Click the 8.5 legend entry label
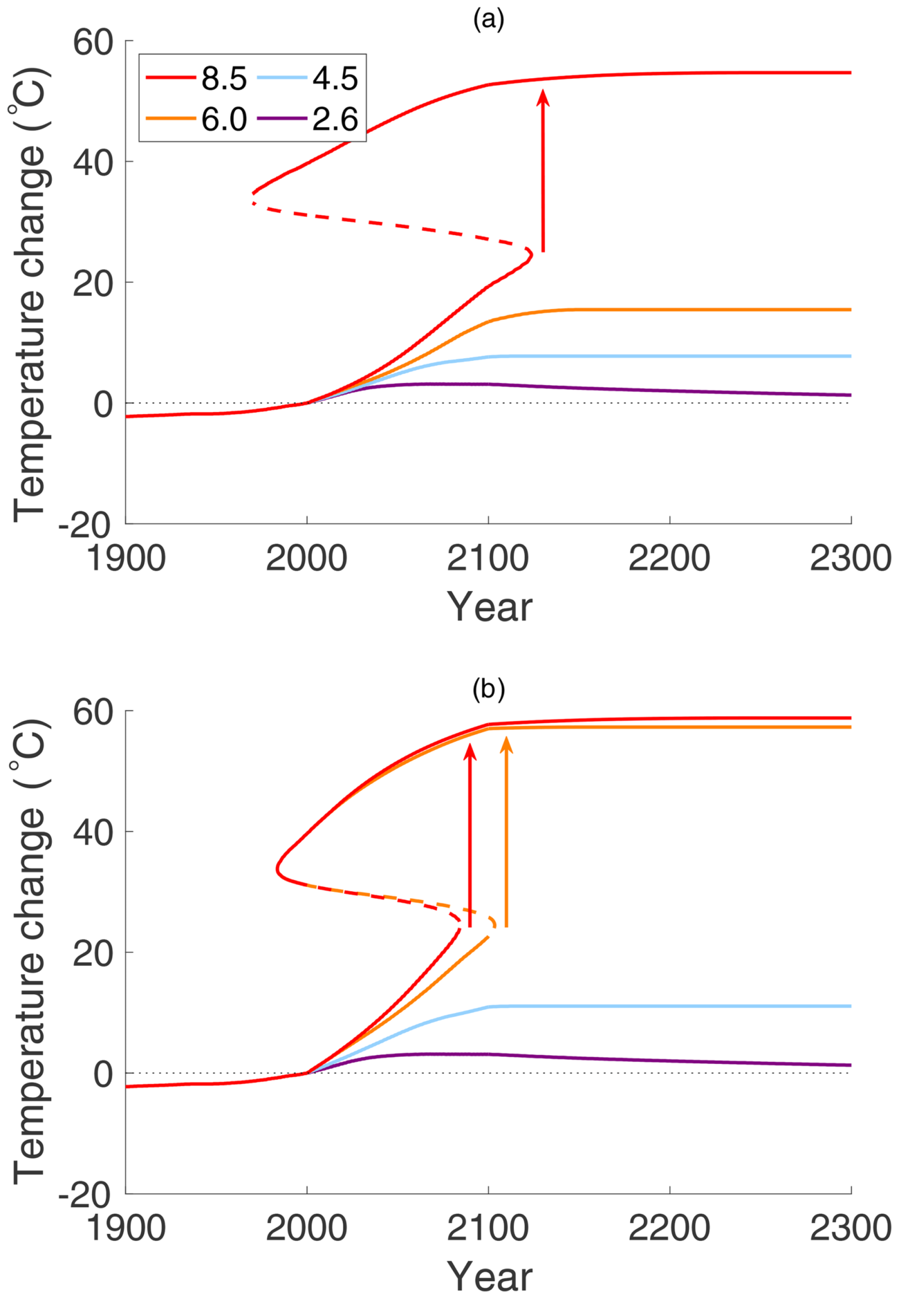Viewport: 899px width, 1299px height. click(x=224, y=79)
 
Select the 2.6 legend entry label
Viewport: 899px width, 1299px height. click(x=335, y=120)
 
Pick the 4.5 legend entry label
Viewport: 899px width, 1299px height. click(x=335, y=79)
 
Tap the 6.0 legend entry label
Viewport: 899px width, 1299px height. click(x=224, y=120)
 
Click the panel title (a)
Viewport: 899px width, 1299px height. click(x=488, y=19)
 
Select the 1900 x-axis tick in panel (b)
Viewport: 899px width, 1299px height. click(x=126, y=1228)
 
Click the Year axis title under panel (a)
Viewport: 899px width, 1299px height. click(x=489, y=607)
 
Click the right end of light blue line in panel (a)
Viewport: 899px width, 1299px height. click(x=850, y=356)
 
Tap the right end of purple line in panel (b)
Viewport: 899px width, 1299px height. click(x=850, y=1065)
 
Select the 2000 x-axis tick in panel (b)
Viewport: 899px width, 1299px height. click(x=306, y=1228)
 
